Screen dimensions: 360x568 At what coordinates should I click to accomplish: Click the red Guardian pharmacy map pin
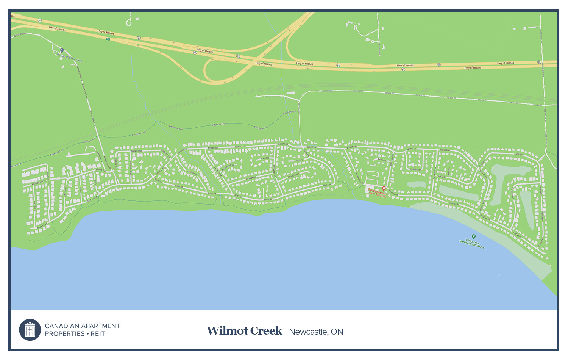[x=384, y=188]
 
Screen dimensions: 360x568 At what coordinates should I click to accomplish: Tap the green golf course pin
[x=473, y=236]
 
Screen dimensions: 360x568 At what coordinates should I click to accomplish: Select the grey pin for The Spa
[x=62, y=50]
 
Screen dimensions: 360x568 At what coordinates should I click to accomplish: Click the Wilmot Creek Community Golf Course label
[x=472, y=243]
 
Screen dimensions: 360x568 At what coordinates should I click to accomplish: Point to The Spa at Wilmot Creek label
[x=70, y=58]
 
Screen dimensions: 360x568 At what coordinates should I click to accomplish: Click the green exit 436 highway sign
[x=108, y=39]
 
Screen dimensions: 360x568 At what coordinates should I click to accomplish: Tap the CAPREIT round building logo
[x=30, y=330]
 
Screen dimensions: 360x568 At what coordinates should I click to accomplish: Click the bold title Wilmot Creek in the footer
[x=244, y=331]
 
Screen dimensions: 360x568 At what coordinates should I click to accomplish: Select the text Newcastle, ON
[x=316, y=332]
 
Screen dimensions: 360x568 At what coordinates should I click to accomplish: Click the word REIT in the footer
[x=98, y=334]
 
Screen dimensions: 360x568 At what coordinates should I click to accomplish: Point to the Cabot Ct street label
[x=265, y=158]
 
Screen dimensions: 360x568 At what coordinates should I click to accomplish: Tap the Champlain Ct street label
[x=293, y=175]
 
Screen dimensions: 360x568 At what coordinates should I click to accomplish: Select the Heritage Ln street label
[x=250, y=178]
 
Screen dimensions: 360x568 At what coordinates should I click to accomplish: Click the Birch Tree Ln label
[x=92, y=199]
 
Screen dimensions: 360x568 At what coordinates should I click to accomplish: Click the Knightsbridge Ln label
[x=38, y=182]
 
